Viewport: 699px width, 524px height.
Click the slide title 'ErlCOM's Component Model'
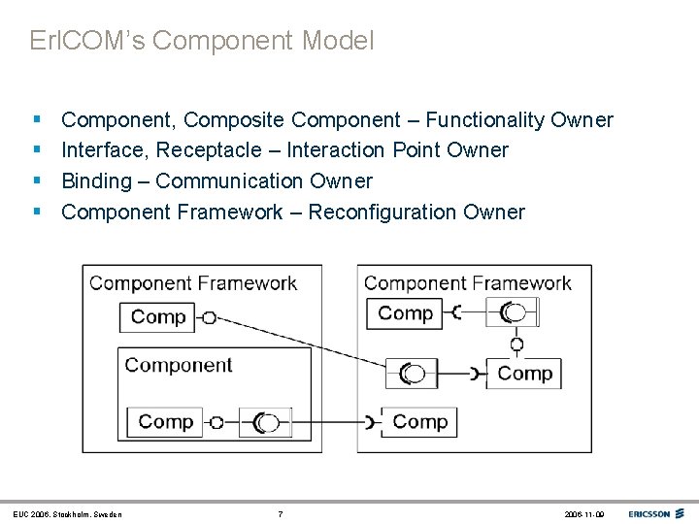pos(202,42)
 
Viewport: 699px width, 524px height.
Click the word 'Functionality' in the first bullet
pos(485,120)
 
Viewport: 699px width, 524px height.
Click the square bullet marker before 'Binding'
pos(36,180)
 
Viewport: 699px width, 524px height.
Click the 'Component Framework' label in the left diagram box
pos(193,283)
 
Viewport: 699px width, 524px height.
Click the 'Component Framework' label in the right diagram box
pos(467,283)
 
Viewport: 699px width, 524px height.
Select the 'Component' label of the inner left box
pos(179,365)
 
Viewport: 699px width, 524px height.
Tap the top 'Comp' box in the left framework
pos(157,316)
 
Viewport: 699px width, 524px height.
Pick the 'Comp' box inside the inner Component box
pos(165,422)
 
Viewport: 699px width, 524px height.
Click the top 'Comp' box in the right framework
pos(405,313)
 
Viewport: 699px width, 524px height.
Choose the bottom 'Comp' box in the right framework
pos(420,422)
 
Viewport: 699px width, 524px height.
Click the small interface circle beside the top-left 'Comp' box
pos(209,317)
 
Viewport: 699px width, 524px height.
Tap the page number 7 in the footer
pos(280,513)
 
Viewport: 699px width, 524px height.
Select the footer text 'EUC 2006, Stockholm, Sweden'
pos(68,513)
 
